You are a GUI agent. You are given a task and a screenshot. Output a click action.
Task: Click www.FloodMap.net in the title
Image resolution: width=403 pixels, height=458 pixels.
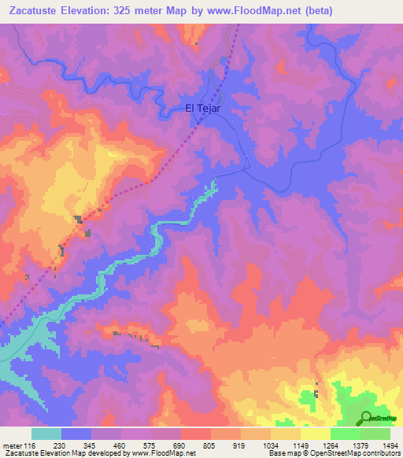(245, 11)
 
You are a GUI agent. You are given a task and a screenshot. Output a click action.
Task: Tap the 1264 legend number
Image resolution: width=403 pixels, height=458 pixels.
(330, 445)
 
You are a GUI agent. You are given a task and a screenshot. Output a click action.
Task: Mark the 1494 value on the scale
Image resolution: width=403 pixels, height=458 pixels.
(390, 445)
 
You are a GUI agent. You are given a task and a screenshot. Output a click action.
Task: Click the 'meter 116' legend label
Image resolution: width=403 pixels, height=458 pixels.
(17, 445)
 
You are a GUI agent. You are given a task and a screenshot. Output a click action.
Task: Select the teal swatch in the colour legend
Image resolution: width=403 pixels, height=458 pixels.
(46, 434)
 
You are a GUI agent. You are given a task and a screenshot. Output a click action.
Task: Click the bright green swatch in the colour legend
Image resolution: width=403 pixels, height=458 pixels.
(345, 434)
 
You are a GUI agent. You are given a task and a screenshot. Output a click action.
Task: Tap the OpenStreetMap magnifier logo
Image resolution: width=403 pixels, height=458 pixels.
(366, 418)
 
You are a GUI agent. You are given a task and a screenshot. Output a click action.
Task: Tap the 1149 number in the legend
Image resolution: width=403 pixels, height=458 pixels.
(300, 445)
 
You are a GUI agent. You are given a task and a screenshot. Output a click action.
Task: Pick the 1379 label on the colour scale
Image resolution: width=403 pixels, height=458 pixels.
(360, 445)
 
